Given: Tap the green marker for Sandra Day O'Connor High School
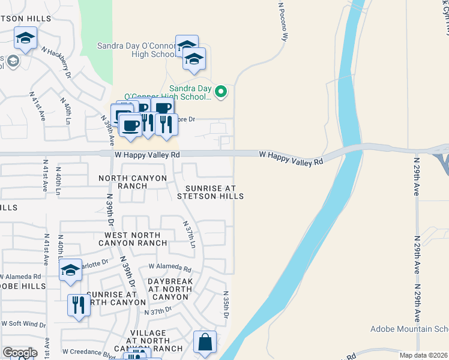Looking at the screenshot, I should click(x=221, y=92).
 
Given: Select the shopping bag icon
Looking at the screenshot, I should click(x=205, y=343).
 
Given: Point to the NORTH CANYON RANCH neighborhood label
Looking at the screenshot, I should click(x=123, y=182).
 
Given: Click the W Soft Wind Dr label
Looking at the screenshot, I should click(x=24, y=324).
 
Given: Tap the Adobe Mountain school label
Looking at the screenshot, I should click(x=409, y=329).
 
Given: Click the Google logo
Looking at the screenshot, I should click(x=20, y=353).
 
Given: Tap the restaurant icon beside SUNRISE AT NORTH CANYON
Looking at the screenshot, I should click(x=79, y=305).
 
